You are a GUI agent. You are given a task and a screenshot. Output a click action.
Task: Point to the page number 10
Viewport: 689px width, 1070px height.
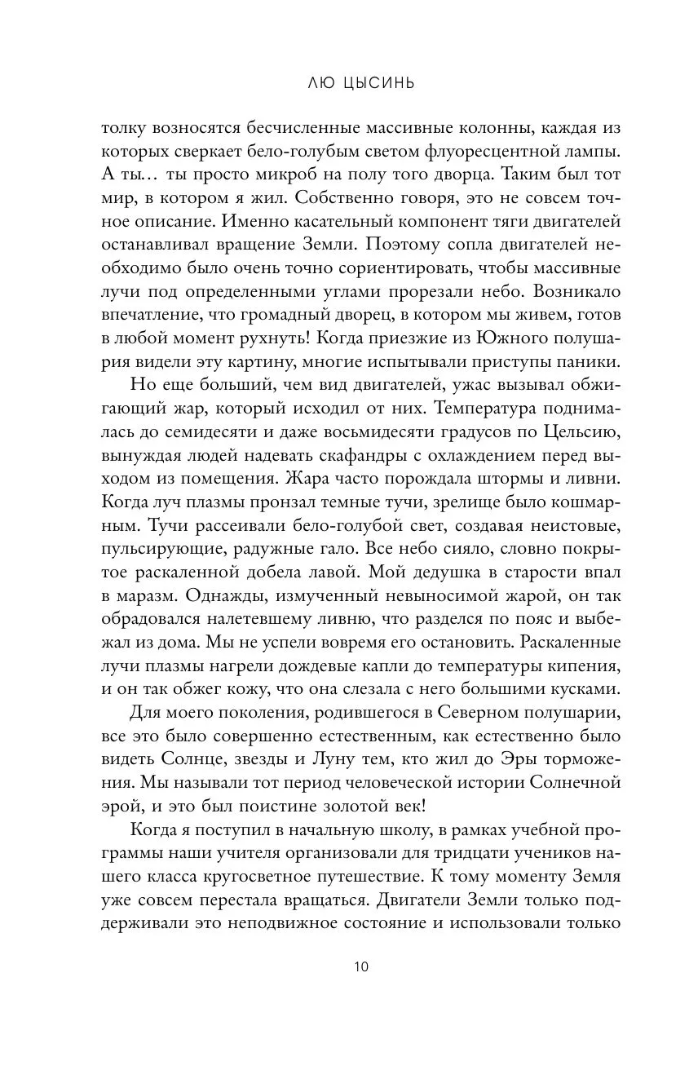point(361,967)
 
